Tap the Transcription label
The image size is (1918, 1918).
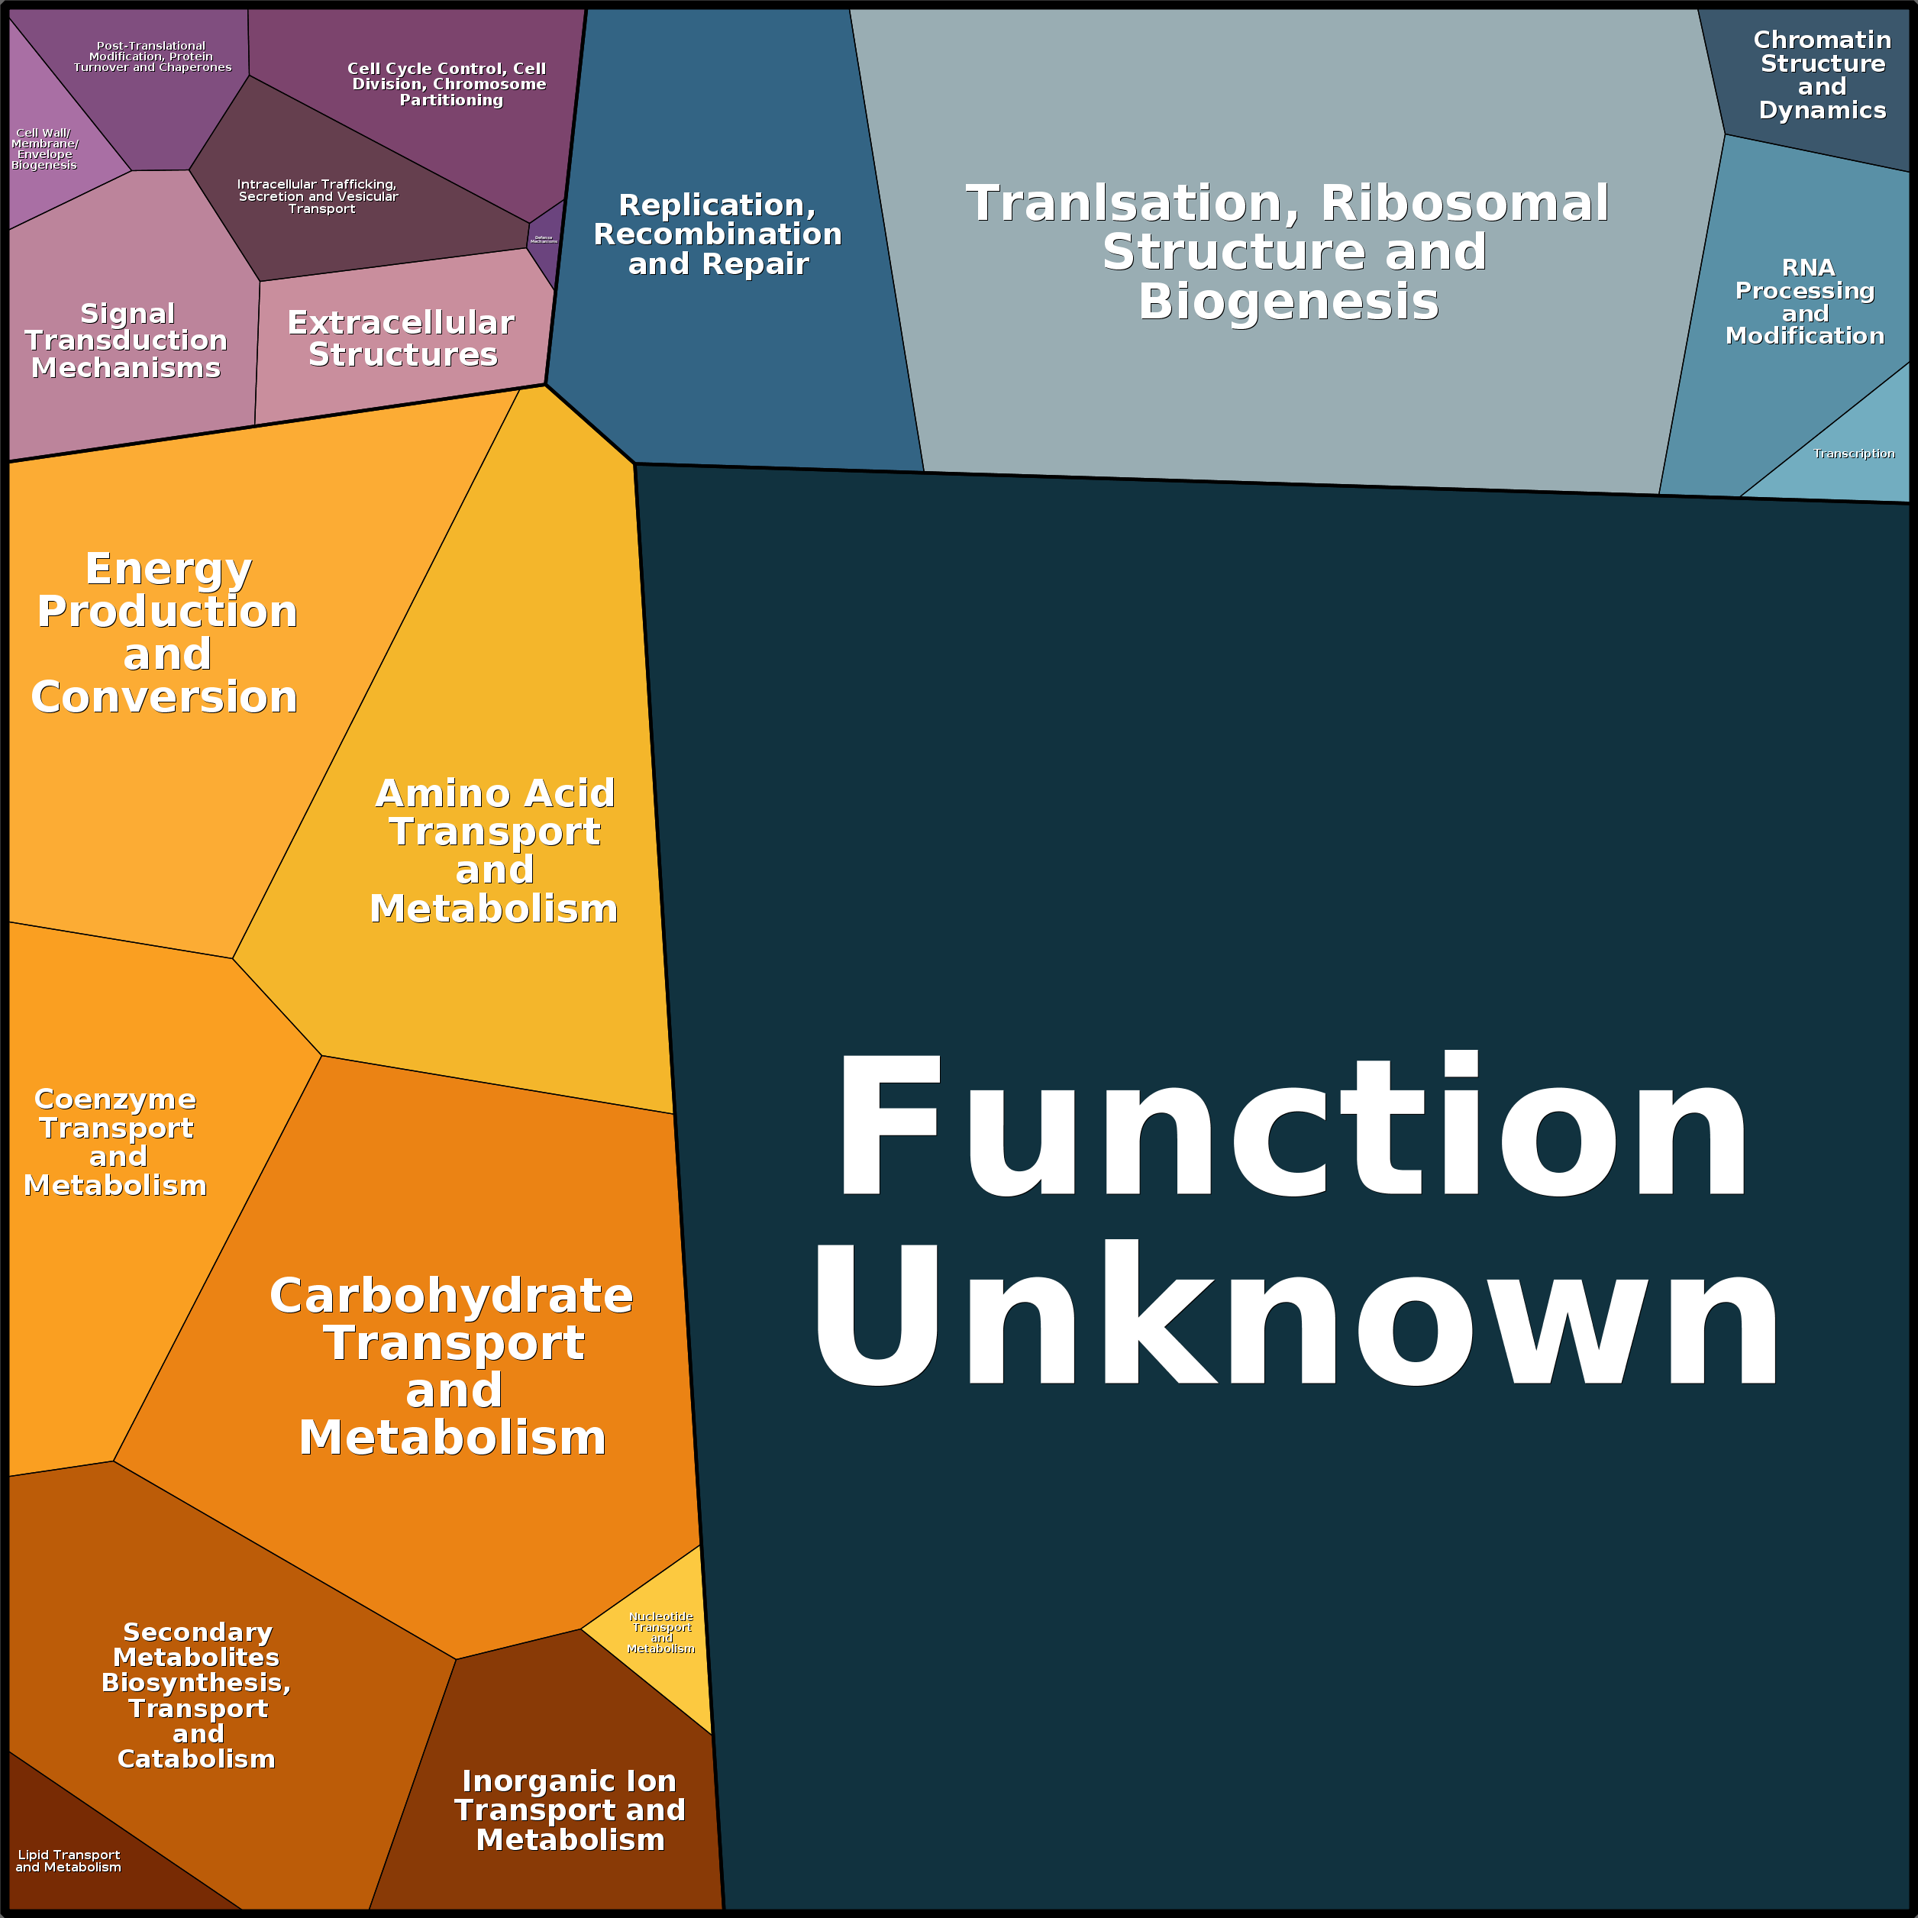(1853, 454)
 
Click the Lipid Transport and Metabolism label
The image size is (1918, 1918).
(69, 1861)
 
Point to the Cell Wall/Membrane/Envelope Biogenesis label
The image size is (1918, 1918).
(45, 149)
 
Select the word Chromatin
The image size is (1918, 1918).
(1822, 40)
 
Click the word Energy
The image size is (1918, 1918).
(169, 570)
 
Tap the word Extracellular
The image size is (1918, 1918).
(401, 324)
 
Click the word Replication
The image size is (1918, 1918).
(717, 205)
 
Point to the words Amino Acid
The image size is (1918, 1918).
(496, 794)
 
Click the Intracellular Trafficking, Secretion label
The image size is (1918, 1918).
(318, 196)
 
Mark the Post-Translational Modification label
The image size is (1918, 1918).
(152, 57)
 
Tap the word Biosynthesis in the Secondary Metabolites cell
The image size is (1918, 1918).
(195, 1683)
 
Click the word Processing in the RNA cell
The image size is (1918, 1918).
(1805, 291)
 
